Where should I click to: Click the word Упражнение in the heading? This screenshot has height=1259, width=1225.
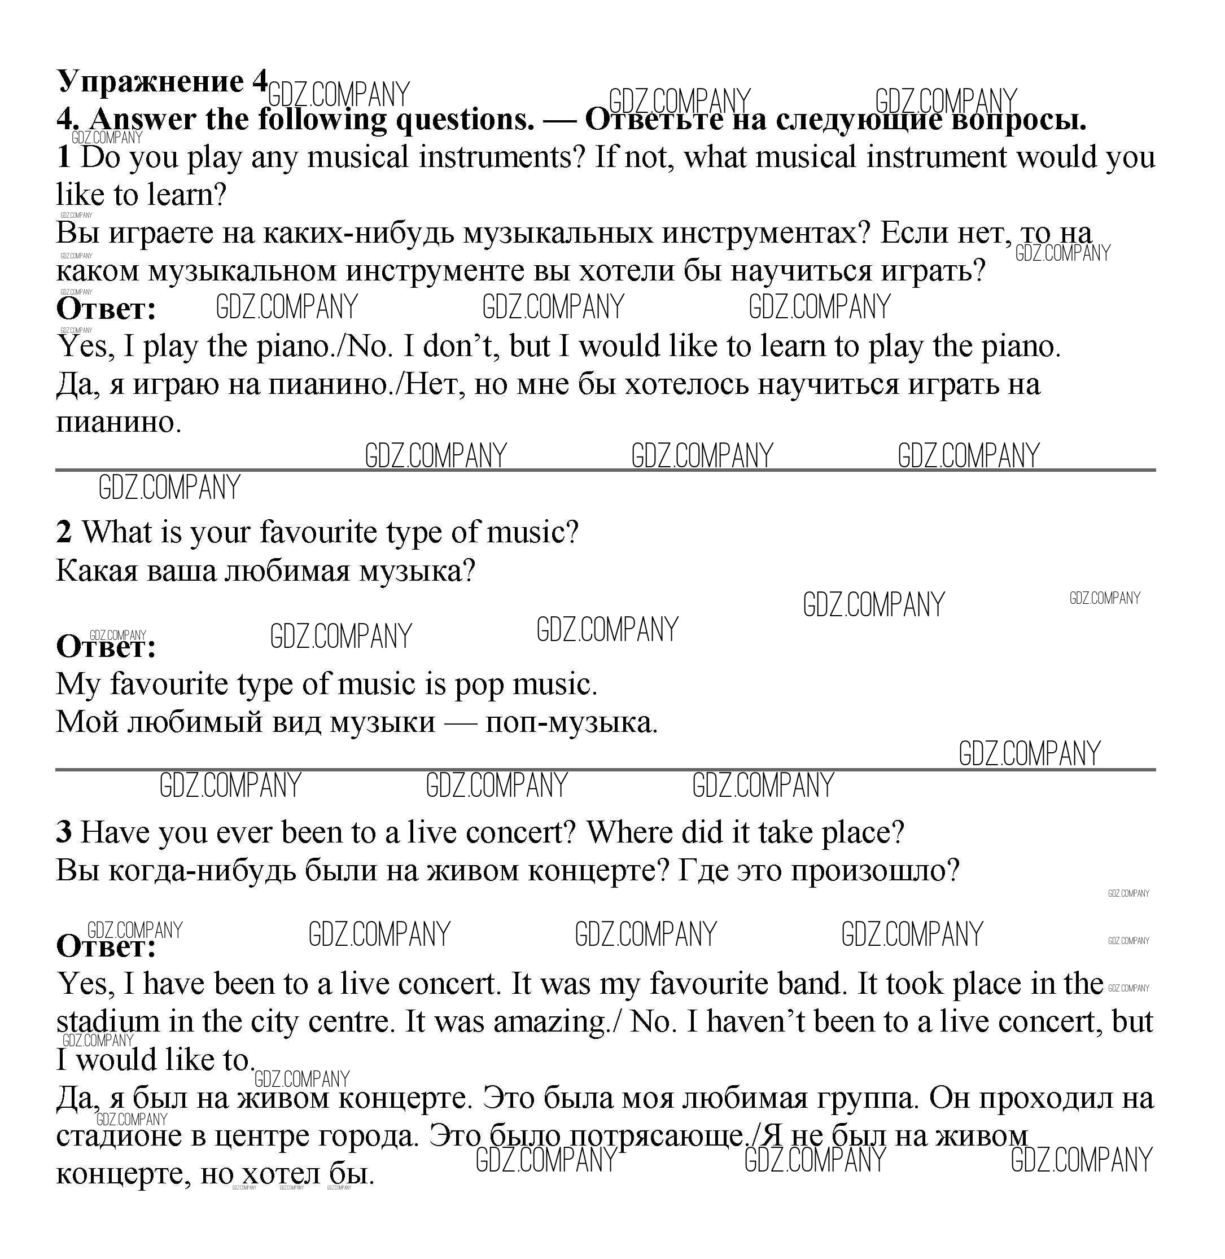[x=151, y=82]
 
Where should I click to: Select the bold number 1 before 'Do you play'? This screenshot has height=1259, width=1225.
[x=64, y=157]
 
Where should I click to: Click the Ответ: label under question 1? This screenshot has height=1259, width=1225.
[x=106, y=309]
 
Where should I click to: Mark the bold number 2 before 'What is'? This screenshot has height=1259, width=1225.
[x=64, y=533]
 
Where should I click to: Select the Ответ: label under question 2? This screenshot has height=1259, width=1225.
[x=106, y=647]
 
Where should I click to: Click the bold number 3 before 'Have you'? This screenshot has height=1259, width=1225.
[x=64, y=833]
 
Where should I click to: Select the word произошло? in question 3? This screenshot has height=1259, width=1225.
[x=875, y=871]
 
